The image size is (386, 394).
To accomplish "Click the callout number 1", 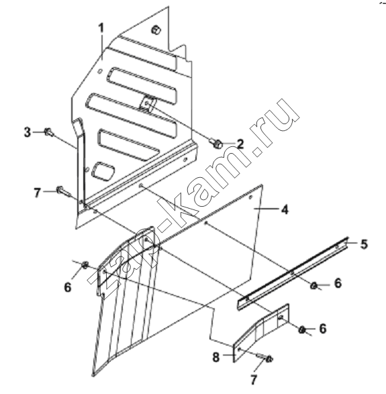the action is point(101,28).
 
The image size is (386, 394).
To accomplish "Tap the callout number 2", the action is point(240,144).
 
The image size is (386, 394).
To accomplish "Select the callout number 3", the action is point(28,132).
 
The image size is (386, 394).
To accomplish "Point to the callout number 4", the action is point(285,209).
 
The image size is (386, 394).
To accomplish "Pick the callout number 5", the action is point(364,244).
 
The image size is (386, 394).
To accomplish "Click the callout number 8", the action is point(216,357).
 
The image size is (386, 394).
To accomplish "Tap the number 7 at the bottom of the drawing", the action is point(254,380).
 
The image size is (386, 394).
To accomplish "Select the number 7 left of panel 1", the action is point(37,193).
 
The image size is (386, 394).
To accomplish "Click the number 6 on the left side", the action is point(68,287).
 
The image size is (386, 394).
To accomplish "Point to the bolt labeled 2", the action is point(217,144).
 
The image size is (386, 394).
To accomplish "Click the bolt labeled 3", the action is point(49,132).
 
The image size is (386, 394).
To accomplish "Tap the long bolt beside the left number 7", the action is point(63,191).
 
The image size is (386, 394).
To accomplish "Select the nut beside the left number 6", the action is point(85,265).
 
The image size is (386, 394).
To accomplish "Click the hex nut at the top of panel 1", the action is point(156,30).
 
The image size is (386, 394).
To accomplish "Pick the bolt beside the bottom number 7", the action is point(266,358).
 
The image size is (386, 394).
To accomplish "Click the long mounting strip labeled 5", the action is point(293,273).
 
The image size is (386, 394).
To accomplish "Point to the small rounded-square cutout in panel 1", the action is point(103,171).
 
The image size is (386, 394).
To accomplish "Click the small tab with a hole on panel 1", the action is point(148,103).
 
